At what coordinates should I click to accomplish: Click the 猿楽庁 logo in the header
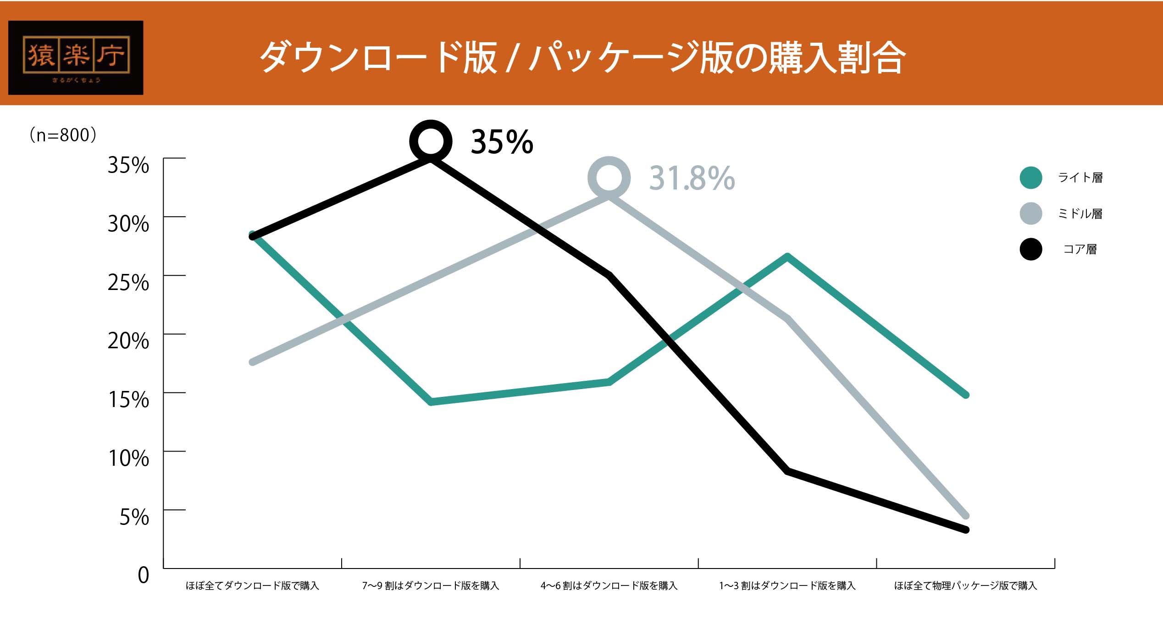click(76, 57)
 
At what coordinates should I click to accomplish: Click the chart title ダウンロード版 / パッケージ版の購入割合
click(582, 57)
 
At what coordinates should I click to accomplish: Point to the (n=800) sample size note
click(63, 135)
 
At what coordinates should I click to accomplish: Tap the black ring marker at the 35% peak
click(431, 141)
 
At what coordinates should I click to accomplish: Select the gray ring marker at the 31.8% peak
click(609, 178)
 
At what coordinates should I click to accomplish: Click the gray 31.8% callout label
click(692, 178)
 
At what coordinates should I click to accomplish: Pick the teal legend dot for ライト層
click(1030, 178)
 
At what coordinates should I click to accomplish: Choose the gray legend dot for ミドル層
click(1030, 213)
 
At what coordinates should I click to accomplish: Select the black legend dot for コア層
click(1030, 249)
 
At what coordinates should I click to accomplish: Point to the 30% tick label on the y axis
click(128, 224)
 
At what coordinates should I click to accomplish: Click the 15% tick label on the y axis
click(128, 400)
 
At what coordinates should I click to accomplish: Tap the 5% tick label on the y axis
click(134, 517)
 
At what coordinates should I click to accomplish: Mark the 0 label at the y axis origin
click(144, 575)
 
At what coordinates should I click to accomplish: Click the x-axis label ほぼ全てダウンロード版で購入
click(252, 586)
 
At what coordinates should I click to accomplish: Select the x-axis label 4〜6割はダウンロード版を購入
click(609, 586)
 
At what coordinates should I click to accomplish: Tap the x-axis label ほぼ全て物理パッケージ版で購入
click(965, 586)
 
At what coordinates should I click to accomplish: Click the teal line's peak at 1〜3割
click(787, 257)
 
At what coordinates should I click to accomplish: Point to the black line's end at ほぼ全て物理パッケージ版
click(965, 530)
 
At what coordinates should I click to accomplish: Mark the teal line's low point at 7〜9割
click(431, 402)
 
